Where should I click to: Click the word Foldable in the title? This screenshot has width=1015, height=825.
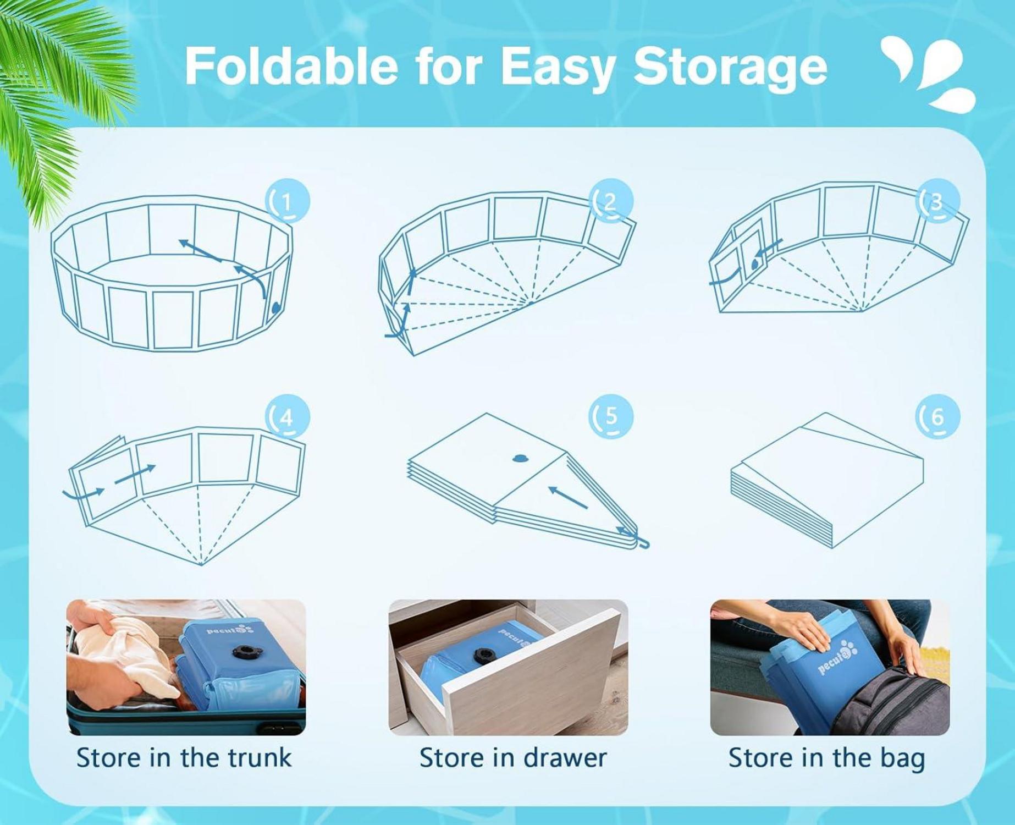291,65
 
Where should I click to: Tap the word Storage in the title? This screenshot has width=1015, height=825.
731,69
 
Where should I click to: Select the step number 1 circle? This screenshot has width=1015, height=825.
288,201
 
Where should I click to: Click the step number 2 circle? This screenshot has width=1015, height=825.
611,201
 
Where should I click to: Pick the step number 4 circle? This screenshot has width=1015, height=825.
288,417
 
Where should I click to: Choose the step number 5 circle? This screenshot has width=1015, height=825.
611,417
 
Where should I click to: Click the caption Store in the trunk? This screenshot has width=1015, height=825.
184,757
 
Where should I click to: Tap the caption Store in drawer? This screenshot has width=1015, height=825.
513,757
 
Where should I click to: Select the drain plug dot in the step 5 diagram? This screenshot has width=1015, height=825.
519,458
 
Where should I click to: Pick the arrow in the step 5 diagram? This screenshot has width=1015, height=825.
568,497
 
